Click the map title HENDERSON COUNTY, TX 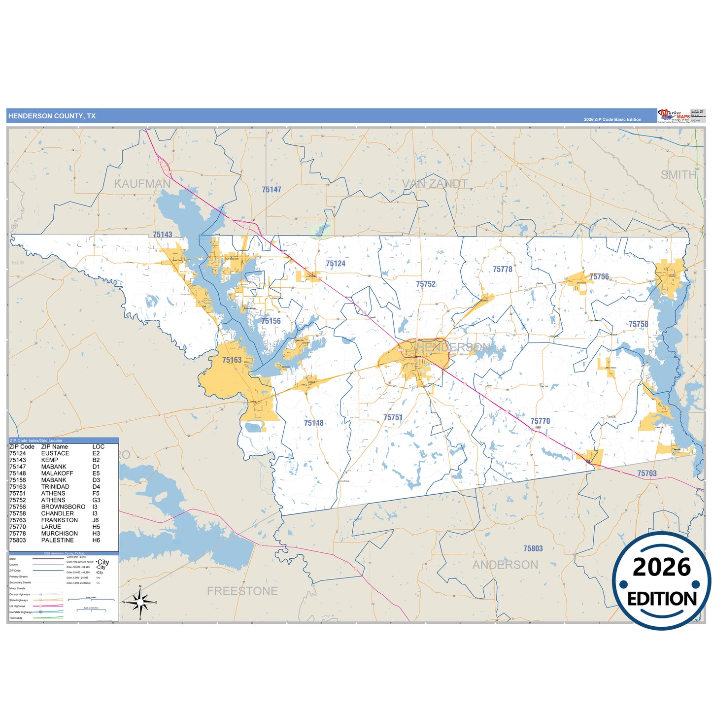tap(52, 116)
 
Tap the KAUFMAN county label tap(142, 184)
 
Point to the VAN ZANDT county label tap(435, 184)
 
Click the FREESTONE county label tap(242, 591)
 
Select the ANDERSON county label tap(505, 565)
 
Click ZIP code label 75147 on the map tap(271, 190)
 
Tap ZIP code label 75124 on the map tap(335, 264)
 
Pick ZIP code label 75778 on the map tap(502, 270)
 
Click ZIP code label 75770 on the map tap(540, 421)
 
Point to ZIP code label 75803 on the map tap(533, 548)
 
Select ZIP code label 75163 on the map tap(232, 360)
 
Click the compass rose tap(140, 602)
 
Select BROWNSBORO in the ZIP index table tap(63, 507)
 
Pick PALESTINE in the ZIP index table tap(57, 540)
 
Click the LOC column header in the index tap(98, 447)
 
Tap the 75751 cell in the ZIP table tap(18, 493)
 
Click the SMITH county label tap(678, 175)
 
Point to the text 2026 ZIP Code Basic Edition tap(612, 119)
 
